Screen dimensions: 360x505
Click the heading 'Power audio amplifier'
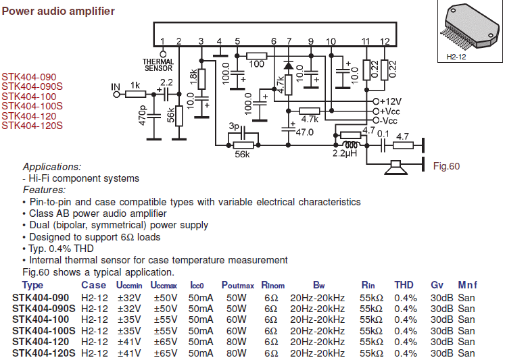[58, 11]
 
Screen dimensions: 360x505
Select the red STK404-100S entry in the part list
[32, 106]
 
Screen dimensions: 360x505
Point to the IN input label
[116, 86]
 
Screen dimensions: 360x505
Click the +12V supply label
[392, 101]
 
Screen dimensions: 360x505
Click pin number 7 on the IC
[289, 42]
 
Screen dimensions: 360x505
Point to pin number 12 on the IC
[384, 42]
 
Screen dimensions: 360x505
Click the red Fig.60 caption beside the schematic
[446, 166]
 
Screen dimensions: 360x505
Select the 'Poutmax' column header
[237, 286]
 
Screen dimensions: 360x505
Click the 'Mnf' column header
[467, 286]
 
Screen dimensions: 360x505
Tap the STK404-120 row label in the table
[41, 342]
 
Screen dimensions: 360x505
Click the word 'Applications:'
[52, 166]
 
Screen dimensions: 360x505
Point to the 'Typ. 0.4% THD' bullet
[62, 249]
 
